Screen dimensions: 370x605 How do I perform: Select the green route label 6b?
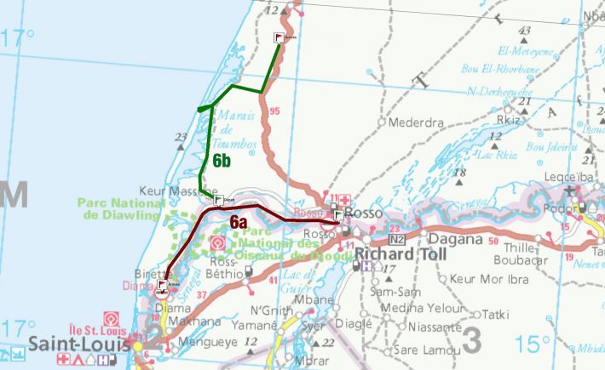pos(223,160)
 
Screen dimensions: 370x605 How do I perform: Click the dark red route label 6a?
pos(239,221)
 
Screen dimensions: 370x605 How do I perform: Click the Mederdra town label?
pos(416,122)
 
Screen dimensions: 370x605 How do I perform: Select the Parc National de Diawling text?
pos(121,209)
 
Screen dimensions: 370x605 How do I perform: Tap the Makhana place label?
pos(194,321)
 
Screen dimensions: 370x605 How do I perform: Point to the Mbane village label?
pos(317,299)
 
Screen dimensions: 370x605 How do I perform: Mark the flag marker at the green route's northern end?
pos(279,37)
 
